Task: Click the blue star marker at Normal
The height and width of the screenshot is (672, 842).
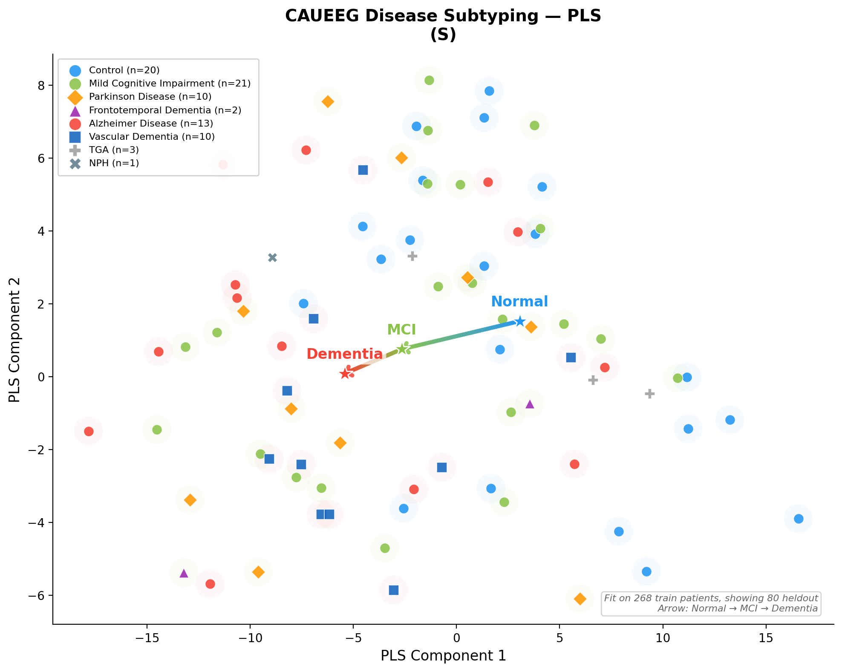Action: (519, 321)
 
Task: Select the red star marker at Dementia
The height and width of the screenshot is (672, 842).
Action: (345, 374)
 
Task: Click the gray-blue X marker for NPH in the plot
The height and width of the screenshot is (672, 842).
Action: (273, 258)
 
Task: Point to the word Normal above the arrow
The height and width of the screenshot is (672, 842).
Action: (519, 302)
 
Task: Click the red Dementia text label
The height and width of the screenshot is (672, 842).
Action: (344, 354)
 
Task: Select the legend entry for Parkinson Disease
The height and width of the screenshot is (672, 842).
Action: (150, 97)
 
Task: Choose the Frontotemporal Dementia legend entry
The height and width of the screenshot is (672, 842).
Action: (165, 110)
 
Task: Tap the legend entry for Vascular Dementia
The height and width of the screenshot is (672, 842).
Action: (152, 137)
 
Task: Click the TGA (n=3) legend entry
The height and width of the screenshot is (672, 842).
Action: (114, 150)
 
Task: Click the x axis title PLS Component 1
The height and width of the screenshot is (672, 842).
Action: (443, 656)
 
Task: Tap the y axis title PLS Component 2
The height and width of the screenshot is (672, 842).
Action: (15, 340)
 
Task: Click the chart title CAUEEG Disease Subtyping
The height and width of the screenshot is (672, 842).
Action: (443, 16)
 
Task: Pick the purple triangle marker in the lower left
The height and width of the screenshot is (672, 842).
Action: (184, 573)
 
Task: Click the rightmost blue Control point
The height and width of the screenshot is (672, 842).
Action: (799, 519)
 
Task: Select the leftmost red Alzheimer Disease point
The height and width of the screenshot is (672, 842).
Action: (89, 431)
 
